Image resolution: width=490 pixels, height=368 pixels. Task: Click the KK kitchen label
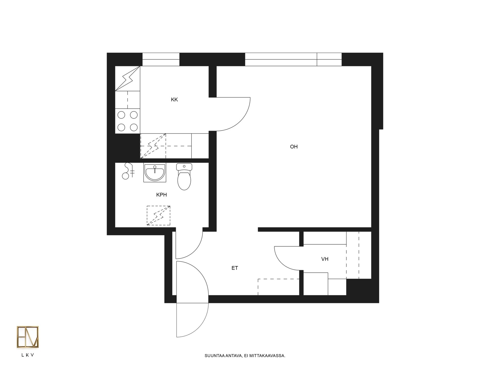174,100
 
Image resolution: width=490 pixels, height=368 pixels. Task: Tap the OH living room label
294,147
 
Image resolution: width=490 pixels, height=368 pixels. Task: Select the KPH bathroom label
162,195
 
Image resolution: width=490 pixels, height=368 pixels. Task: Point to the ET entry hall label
235,268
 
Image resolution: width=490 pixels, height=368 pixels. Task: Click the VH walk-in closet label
325,259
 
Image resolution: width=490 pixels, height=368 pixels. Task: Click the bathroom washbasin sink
155,172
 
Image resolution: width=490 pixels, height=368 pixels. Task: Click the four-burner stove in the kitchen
128,121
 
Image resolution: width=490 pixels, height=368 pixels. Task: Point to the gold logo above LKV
28,337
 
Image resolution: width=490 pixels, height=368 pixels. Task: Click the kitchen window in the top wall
161,59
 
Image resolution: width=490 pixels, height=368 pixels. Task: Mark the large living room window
293,59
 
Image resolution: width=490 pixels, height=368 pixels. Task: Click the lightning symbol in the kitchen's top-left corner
128,78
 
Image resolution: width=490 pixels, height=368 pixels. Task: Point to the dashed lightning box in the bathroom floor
158,215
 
